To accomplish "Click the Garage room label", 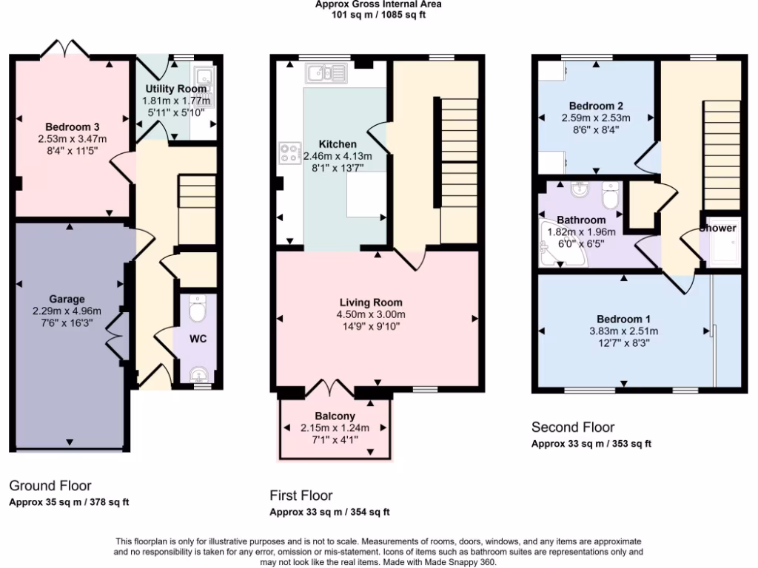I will (67, 300).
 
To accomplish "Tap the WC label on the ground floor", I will (198, 339).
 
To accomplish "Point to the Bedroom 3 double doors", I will (64, 50).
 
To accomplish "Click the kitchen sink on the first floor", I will (326, 72).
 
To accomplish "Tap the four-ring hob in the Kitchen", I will (288, 153).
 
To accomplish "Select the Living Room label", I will (371, 302).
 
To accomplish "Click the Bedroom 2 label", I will (595, 106).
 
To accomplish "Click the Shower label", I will (719, 228).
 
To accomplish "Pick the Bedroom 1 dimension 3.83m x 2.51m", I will (623, 331).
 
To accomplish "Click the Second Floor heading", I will (573, 427).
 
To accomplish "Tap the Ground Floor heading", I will (50, 486).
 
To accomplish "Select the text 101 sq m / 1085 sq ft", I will (378, 14).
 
